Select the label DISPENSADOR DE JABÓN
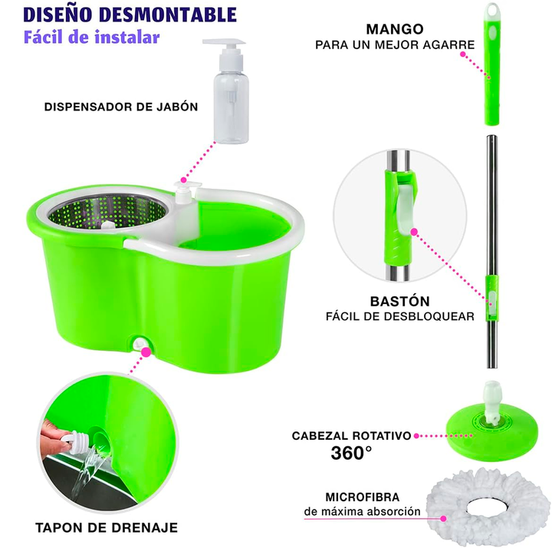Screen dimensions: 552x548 coord(121,107)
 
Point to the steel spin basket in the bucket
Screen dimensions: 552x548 coord(107,213)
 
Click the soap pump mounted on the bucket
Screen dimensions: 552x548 coord(186,193)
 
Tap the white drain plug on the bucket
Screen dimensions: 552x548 coord(141,343)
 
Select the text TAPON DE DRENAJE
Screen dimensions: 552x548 coord(107,527)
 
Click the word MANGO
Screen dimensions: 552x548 coord(395,29)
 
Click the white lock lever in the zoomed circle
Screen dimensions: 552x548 coord(406,207)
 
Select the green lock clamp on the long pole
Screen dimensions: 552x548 coord(492,298)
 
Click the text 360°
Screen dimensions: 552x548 coord(351,453)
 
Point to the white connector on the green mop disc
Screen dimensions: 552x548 coord(492,401)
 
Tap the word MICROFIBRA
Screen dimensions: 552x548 coord(362,497)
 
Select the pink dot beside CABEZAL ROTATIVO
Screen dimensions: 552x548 coord(416,436)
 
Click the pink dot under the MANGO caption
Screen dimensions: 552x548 coord(463,54)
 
